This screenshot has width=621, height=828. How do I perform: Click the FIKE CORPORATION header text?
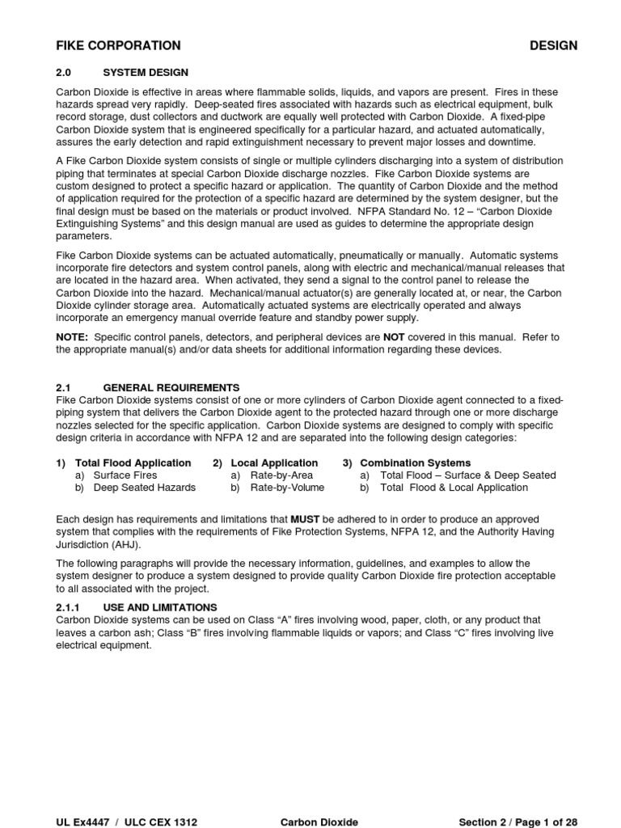tap(118, 45)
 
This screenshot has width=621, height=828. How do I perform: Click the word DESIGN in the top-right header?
tap(553, 45)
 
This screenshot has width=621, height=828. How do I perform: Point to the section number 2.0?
tap(64, 72)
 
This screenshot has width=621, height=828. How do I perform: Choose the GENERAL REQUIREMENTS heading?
tap(171, 387)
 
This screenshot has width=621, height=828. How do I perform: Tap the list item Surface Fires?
tap(125, 475)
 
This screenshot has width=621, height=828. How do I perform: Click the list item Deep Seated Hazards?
tap(144, 488)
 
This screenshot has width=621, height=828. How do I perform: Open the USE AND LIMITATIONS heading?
tap(160, 606)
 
